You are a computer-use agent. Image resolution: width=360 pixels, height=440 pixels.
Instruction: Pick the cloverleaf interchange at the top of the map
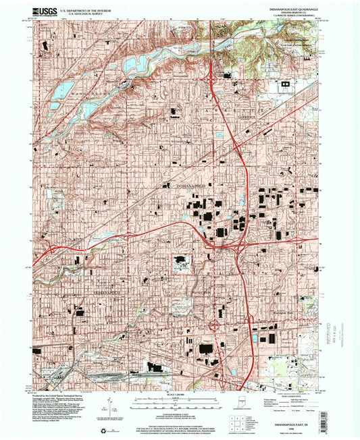click(x=215, y=81)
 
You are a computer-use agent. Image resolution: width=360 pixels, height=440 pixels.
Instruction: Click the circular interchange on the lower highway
click(x=214, y=326)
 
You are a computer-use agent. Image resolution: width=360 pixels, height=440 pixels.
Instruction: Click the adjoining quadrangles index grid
click(x=238, y=418)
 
